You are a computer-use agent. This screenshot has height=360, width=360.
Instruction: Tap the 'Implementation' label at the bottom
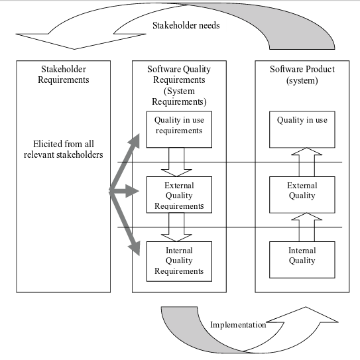click(x=238, y=325)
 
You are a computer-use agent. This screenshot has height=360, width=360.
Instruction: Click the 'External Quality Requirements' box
click(x=179, y=195)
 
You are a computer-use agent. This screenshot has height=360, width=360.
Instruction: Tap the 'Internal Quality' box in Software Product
click(x=302, y=259)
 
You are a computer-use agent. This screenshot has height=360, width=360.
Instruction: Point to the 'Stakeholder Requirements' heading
click(x=64, y=74)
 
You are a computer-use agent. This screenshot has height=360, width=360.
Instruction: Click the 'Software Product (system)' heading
click(x=302, y=74)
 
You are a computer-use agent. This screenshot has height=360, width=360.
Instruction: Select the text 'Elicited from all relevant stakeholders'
click(x=64, y=149)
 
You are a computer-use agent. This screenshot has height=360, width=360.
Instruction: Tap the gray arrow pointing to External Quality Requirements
click(x=127, y=192)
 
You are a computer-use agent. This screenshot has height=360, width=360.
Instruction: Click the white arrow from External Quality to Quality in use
click(x=306, y=162)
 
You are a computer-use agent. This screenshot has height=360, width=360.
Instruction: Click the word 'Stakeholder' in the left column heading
click(x=64, y=69)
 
